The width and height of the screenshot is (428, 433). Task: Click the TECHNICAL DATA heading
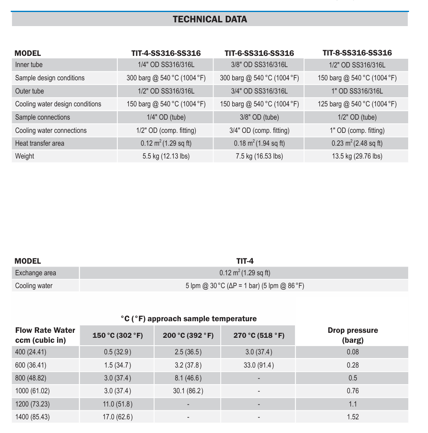click(210, 19)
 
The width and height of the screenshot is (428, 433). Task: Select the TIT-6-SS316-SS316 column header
click(259, 53)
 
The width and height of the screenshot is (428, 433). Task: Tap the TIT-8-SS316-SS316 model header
click(357, 53)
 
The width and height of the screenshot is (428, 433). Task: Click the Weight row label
click(25, 156)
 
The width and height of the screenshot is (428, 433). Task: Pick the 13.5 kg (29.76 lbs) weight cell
click(357, 156)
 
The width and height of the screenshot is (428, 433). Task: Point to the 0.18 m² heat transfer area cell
click(259, 143)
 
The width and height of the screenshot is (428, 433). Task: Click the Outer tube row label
click(29, 91)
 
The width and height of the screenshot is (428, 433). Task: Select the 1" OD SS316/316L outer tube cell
click(357, 91)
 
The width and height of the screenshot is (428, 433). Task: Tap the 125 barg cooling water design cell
click(357, 104)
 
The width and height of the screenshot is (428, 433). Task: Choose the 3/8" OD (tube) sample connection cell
click(259, 117)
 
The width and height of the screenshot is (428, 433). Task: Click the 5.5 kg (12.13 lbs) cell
click(166, 156)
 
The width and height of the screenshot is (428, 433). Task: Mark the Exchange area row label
click(36, 273)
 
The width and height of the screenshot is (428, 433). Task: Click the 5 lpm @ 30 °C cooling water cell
click(245, 286)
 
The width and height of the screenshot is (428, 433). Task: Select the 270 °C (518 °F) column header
click(259, 335)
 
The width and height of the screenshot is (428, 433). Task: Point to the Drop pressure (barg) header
click(352, 335)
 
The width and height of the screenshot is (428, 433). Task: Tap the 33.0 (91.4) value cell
click(259, 365)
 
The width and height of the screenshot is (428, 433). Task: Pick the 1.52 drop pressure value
click(352, 417)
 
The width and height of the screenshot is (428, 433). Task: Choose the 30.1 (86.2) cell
click(188, 391)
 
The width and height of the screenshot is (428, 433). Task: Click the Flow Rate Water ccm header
click(45, 335)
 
